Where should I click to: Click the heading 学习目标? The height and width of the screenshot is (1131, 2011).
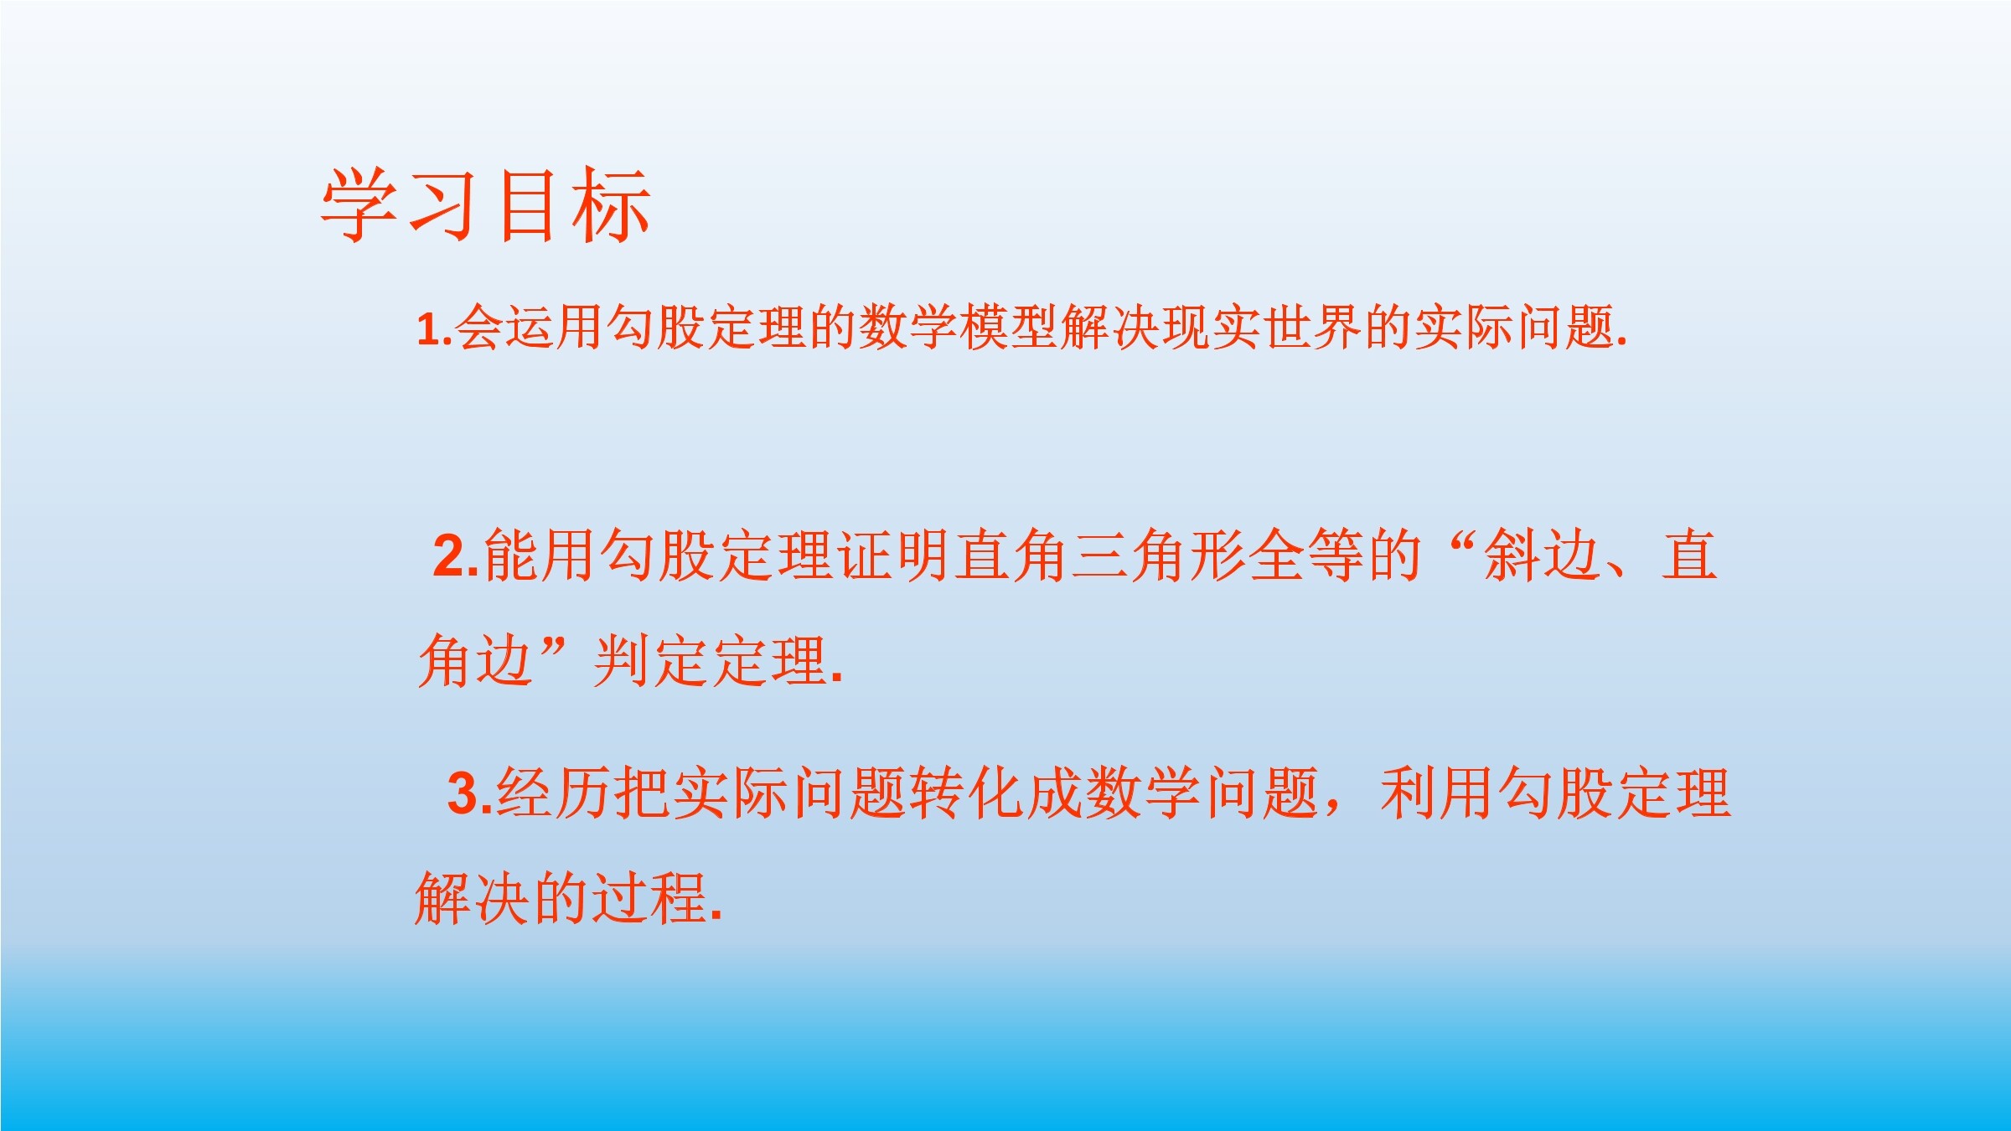coord(486,205)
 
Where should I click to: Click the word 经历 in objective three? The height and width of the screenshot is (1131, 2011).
coord(554,793)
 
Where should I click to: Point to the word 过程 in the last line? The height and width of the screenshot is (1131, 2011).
coord(650,898)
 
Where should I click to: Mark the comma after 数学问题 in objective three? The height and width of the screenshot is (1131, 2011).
coord(1332,809)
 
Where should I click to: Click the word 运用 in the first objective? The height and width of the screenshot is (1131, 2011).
coord(555,327)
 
